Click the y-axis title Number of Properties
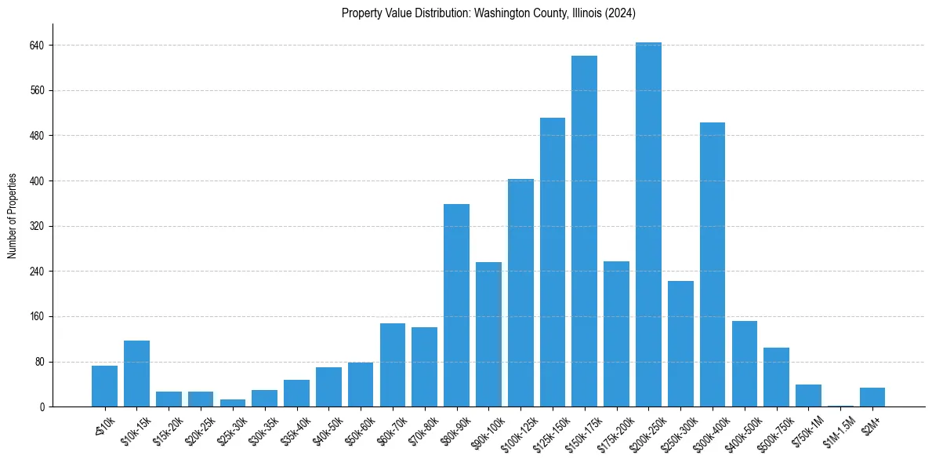(x=13, y=216)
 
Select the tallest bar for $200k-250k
(x=648, y=224)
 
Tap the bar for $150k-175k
(x=584, y=231)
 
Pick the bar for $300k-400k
(x=712, y=264)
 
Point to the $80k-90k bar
(x=456, y=305)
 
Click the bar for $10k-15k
(x=136, y=374)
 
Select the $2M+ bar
(x=872, y=397)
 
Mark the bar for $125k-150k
(x=552, y=262)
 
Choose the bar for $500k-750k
(x=776, y=377)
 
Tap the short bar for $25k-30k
(x=233, y=403)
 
